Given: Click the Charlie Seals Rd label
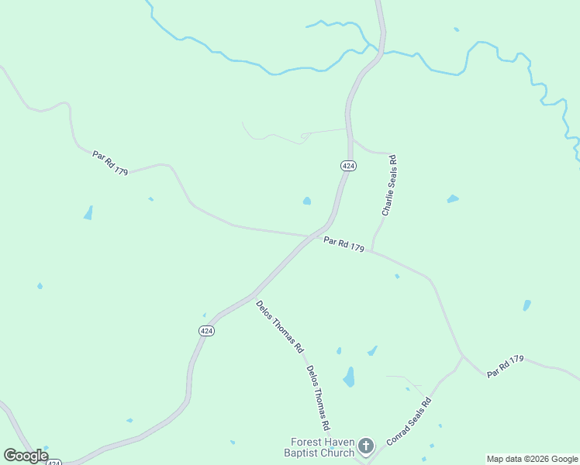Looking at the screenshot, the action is [389, 185].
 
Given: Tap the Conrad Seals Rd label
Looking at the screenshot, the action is [408, 421].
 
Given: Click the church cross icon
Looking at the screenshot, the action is [366, 446].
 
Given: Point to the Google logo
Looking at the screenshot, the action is [26, 456].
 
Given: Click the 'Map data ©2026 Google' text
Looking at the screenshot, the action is [532, 459].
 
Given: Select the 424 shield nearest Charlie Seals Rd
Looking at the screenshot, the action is [348, 166].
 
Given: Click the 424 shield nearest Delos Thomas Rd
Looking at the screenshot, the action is [206, 331].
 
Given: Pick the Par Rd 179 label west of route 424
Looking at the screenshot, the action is [110, 161].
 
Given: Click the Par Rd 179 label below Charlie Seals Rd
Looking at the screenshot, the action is [344, 244].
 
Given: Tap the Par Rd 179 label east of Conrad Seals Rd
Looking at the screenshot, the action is [506, 366].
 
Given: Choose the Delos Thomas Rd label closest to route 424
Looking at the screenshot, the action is [279, 326].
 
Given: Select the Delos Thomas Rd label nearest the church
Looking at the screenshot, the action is [318, 398].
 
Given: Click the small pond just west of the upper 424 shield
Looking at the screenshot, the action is [307, 201].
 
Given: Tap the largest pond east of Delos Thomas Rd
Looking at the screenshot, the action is [349, 377].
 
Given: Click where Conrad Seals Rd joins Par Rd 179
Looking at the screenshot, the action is [463, 357].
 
